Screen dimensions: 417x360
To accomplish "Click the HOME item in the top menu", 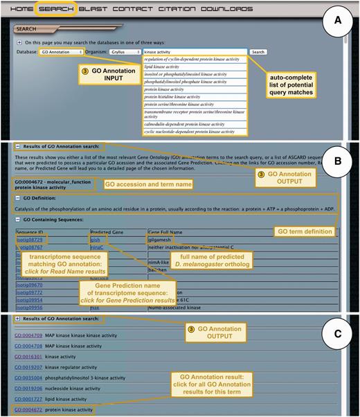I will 22,10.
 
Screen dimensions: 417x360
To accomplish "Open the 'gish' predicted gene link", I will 96,238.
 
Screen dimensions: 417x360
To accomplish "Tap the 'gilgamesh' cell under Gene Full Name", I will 161,238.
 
